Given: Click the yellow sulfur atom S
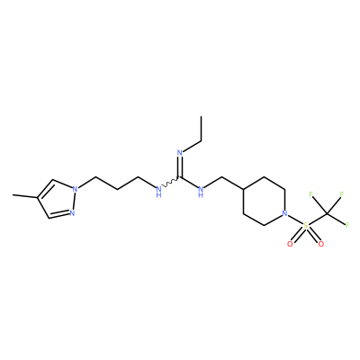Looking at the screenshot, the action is [305, 225].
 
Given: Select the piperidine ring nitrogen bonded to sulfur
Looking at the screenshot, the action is [284, 213].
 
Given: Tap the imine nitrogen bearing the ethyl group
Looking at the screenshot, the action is [180, 153].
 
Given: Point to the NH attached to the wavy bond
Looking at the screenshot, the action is [158, 191].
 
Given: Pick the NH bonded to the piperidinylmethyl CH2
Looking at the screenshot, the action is [201, 191].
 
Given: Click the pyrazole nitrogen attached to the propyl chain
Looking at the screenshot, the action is [75, 189].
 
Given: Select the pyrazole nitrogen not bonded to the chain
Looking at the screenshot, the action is [72, 213].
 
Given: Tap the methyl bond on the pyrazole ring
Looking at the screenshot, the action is [25, 196].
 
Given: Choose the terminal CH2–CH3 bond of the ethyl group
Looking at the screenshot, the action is [201, 129].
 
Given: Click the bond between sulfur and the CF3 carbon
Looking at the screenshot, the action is [317, 220].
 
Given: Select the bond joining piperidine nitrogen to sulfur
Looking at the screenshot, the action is [295, 220].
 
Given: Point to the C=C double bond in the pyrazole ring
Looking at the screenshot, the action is [45, 189].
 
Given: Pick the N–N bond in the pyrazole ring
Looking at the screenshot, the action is [74, 201].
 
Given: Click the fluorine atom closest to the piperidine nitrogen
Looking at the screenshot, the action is [311, 194].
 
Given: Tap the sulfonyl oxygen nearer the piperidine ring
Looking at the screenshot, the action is [290, 244].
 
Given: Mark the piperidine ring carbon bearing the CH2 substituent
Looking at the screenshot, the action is [243, 189].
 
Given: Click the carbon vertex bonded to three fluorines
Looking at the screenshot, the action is [328, 214].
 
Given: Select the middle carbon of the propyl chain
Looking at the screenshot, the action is [117, 189].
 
